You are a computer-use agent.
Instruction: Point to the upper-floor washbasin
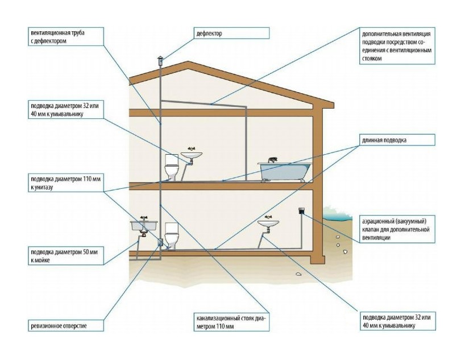pyautogui.click(x=192, y=154)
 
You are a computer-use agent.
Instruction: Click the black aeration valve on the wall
pyautogui.click(x=301, y=212)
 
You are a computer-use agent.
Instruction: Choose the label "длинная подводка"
pyautogui.click(x=396, y=139)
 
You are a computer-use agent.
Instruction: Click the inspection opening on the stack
pyautogui.click(x=160, y=243)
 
